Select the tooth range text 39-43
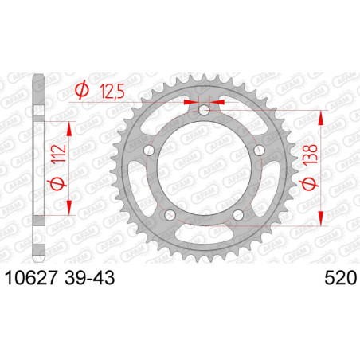click(94, 278)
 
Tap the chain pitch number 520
click(339, 278)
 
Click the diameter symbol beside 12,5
click(80, 92)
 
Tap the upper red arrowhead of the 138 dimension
click(321, 115)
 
